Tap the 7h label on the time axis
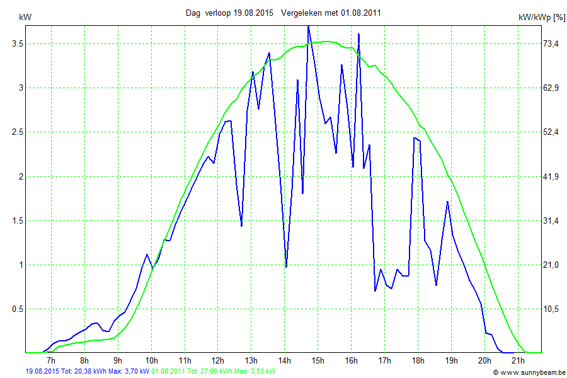50,360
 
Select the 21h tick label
518,360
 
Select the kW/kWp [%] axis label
541,18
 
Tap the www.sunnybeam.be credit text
532,372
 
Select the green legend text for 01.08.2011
214,372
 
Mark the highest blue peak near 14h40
308,26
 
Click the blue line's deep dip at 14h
286,266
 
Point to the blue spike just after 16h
358,34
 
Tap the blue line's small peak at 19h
447,202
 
